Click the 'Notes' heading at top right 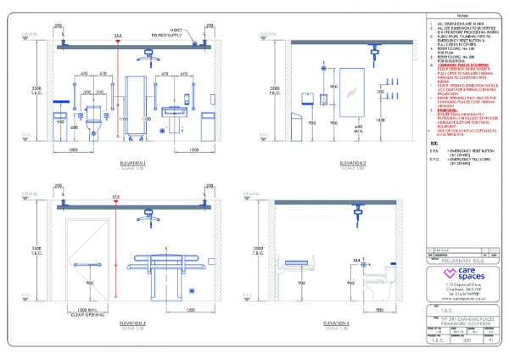pos(464,16)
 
